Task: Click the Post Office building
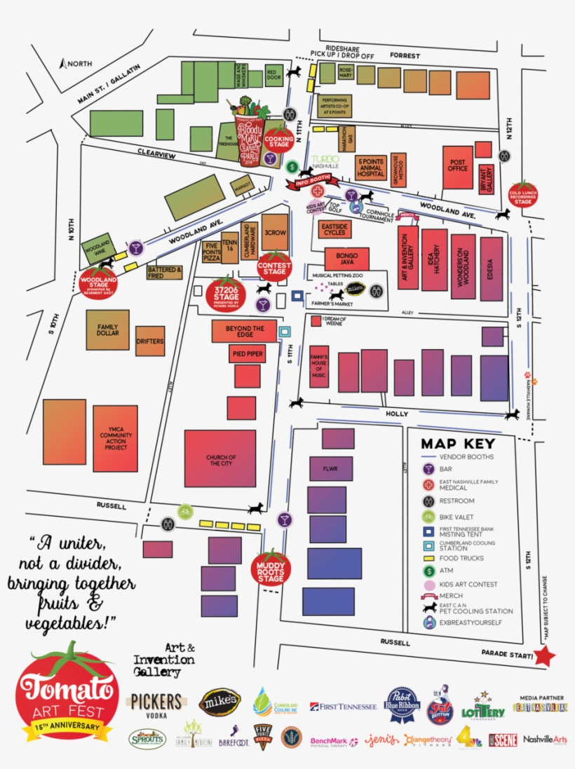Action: [457, 168]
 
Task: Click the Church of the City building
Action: [220, 458]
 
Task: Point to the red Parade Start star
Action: [545, 656]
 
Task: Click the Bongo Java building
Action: [346, 259]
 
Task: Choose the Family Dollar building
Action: [107, 329]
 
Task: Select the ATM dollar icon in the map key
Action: [428, 571]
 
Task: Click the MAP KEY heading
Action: [458, 444]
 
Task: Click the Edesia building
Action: [492, 263]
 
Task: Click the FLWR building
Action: [330, 468]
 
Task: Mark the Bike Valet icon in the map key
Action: [428, 517]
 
